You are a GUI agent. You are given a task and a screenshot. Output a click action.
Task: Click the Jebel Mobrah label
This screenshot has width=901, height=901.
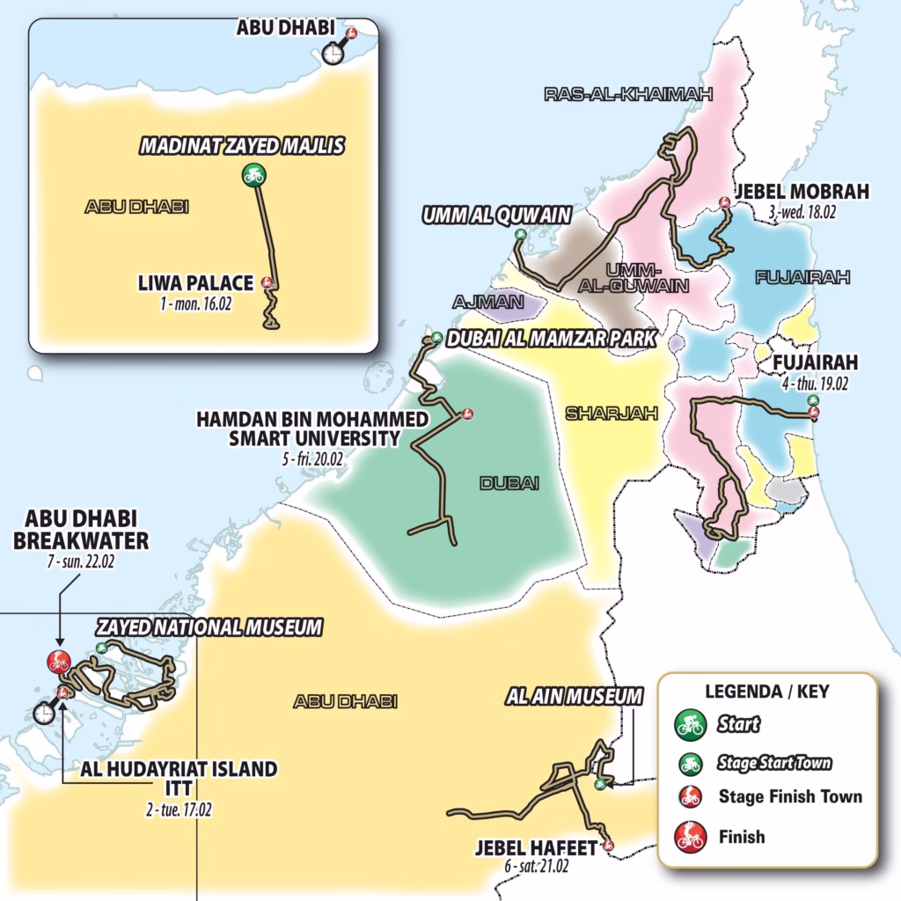click(x=801, y=192)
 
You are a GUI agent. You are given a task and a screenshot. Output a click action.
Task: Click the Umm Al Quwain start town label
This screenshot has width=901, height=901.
click(x=497, y=215)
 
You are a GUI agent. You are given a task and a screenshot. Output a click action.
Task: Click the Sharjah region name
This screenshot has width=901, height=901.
click(x=612, y=414)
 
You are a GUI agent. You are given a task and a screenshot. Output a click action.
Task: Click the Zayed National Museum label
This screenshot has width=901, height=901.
click(x=209, y=627)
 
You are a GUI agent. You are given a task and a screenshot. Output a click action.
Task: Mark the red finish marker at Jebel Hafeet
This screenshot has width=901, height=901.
click(x=608, y=846)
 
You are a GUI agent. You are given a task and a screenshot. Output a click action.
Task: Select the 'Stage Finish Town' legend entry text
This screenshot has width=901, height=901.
click(x=791, y=796)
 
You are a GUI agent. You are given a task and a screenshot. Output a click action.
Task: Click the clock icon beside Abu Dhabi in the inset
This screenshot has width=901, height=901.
click(x=333, y=54)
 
